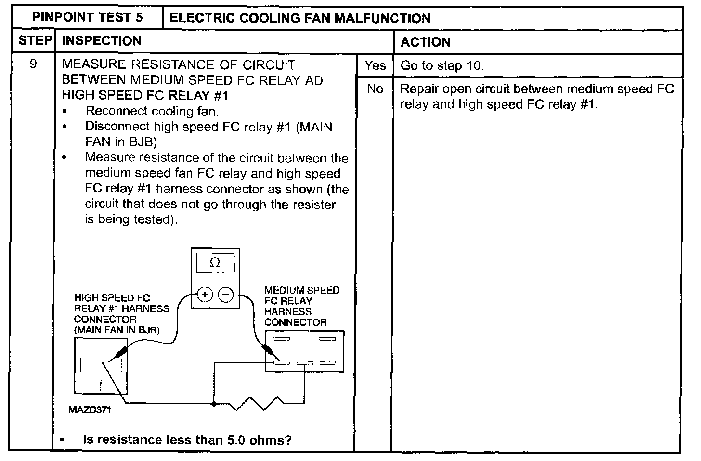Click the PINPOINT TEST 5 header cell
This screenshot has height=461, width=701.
[87, 18]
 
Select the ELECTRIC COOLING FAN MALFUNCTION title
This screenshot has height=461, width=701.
[300, 18]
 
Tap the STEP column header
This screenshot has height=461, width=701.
[35, 41]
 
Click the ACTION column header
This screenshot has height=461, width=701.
[425, 42]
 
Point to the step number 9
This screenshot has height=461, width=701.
[33, 64]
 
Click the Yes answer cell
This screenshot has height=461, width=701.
[375, 65]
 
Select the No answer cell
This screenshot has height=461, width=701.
[375, 89]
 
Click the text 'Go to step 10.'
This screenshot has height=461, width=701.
[442, 66]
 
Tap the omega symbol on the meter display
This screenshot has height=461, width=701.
[215, 263]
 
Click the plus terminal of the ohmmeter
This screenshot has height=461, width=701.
[205, 295]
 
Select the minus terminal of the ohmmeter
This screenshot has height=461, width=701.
[226, 295]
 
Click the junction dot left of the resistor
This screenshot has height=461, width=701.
[214, 403]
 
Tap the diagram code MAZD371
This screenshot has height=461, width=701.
[90, 410]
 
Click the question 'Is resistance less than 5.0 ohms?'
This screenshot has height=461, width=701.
[187, 440]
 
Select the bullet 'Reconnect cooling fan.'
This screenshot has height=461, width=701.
[152, 111]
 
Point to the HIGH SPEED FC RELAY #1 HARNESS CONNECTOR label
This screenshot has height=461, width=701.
[121, 314]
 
